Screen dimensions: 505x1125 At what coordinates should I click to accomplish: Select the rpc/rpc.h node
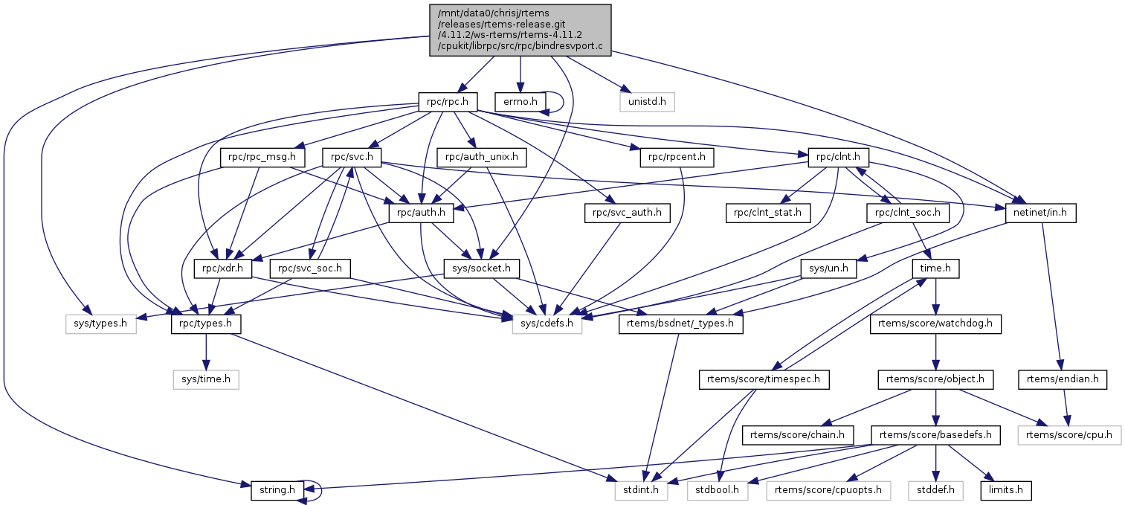[446, 101]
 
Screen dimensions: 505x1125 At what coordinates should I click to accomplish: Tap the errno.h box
[520, 101]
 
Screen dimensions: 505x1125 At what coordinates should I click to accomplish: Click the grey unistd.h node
[647, 101]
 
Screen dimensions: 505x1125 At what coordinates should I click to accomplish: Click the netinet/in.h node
[1041, 213]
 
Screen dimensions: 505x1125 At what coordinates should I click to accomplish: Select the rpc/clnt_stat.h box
[768, 213]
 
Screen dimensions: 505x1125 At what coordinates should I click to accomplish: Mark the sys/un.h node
[829, 268]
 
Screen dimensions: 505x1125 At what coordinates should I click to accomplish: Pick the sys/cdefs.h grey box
[547, 324]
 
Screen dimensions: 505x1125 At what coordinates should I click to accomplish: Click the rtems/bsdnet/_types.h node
[680, 324]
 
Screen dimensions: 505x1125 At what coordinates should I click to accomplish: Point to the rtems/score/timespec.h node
[764, 380]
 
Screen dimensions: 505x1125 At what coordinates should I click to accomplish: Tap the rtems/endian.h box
[1063, 380]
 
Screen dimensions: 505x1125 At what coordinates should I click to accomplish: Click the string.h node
[278, 491]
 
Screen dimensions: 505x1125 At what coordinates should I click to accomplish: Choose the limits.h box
[1010, 491]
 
